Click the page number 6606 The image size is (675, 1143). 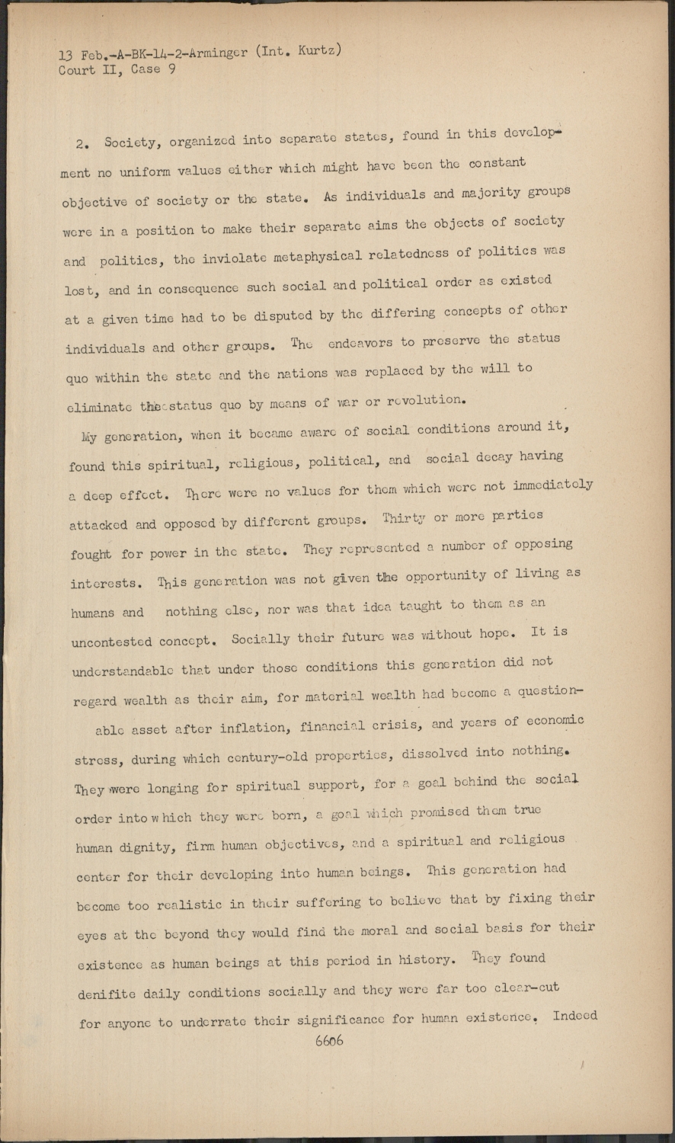(x=329, y=1040)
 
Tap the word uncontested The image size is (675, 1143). (x=111, y=642)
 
